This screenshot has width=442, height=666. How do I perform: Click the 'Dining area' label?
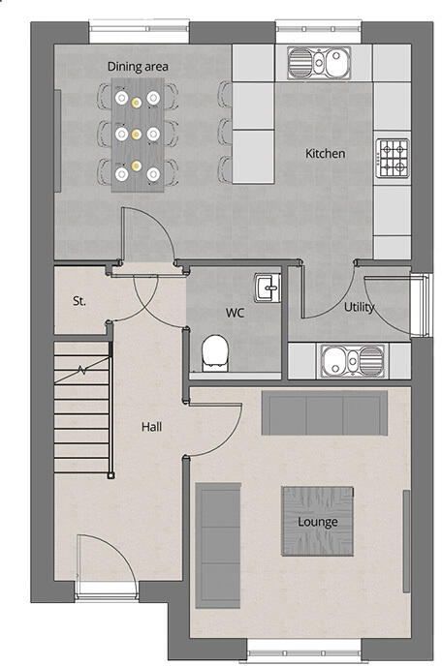pos(138,66)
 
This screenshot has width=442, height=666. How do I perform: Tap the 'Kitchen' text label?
pos(325,154)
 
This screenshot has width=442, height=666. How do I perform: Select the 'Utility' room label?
pos(360,308)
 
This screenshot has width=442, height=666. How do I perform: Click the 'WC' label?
pos(235,313)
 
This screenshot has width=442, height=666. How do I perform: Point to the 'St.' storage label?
pos(79,301)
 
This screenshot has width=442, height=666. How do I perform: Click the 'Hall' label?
pos(152,426)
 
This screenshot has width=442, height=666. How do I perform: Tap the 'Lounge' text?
pos(318,522)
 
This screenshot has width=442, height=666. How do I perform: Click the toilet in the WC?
pos(214,351)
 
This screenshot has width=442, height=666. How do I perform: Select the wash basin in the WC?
pos(267,287)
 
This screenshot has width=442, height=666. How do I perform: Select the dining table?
pos(137,136)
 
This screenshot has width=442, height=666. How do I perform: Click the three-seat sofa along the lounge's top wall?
pos(325,414)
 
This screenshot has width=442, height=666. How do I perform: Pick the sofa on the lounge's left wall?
pos(218,545)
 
